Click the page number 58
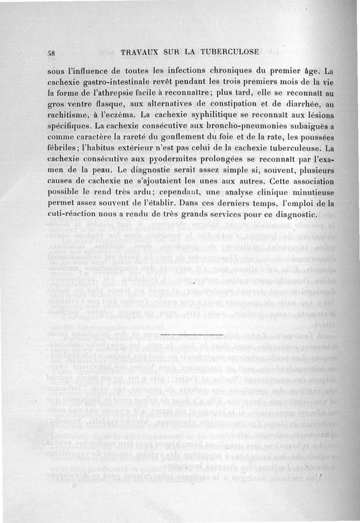tap(51, 52)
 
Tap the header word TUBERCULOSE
tap(230, 52)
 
